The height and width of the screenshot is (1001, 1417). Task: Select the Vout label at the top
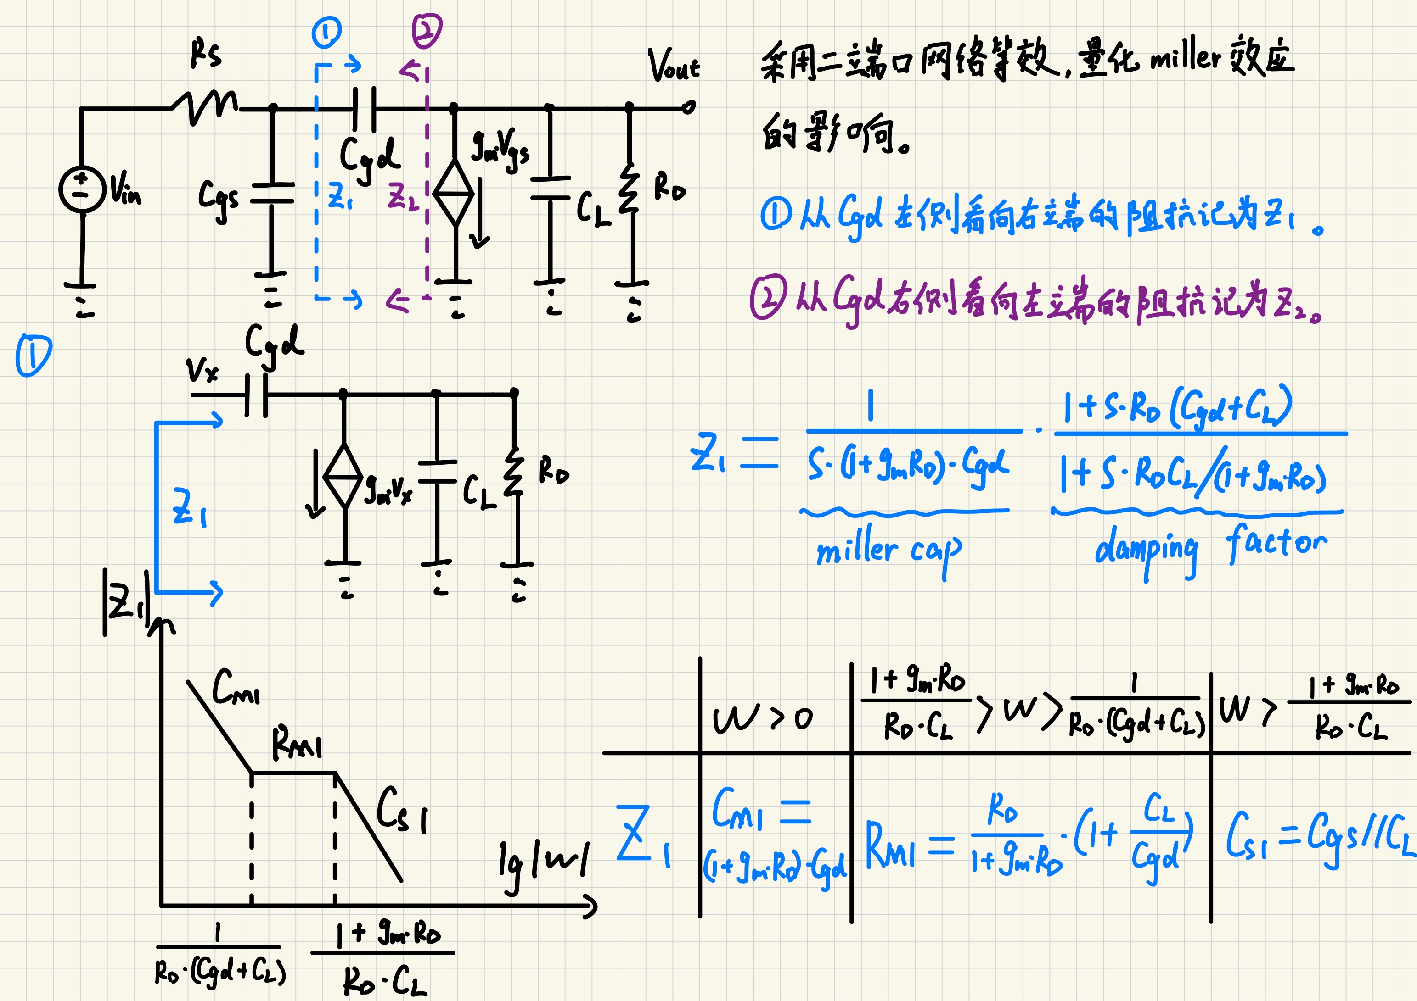[x=674, y=66]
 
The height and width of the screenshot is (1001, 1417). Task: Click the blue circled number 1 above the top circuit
[x=326, y=33]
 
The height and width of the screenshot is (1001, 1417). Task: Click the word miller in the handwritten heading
[x=1186, y=59]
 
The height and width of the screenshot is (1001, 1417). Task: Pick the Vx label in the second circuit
[x=202, y=370]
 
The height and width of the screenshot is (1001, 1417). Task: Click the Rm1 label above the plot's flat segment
[x=297, y=743]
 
